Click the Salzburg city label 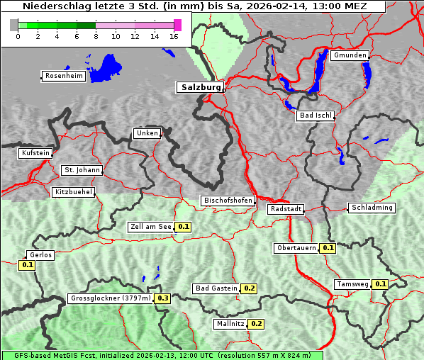[200, 87]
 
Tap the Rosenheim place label [62, 76]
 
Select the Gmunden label [350, 55]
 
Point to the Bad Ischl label [315, 116]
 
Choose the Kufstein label [35, 153]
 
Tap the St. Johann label [82, 170]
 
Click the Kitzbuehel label [74, 192]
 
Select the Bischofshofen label [228, 201]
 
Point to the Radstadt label [286, 209]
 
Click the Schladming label [372, 208]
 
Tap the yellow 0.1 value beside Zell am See [184, 227]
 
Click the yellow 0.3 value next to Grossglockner [163, 298]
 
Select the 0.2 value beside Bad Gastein [250, 288]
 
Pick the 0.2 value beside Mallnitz [257, 324]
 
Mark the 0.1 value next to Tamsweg [381, 284]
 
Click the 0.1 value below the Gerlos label [28, 265]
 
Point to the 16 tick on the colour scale [174, 36]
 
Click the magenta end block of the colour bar [177, 25]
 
